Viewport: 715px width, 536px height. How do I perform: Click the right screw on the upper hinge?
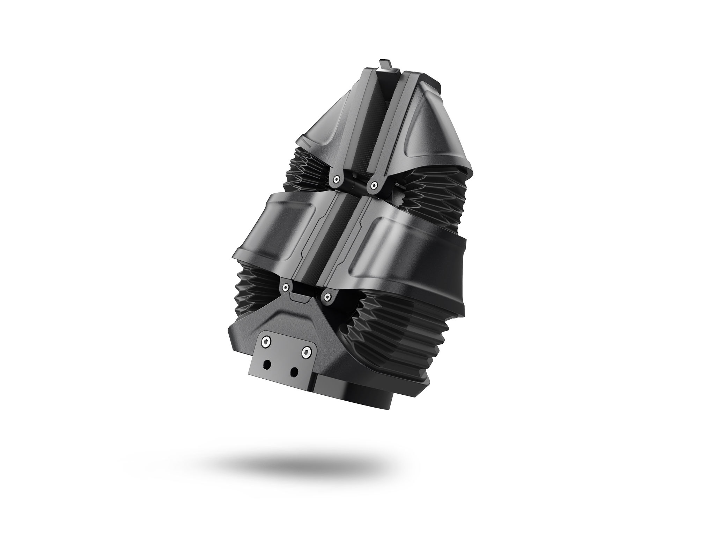374,186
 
